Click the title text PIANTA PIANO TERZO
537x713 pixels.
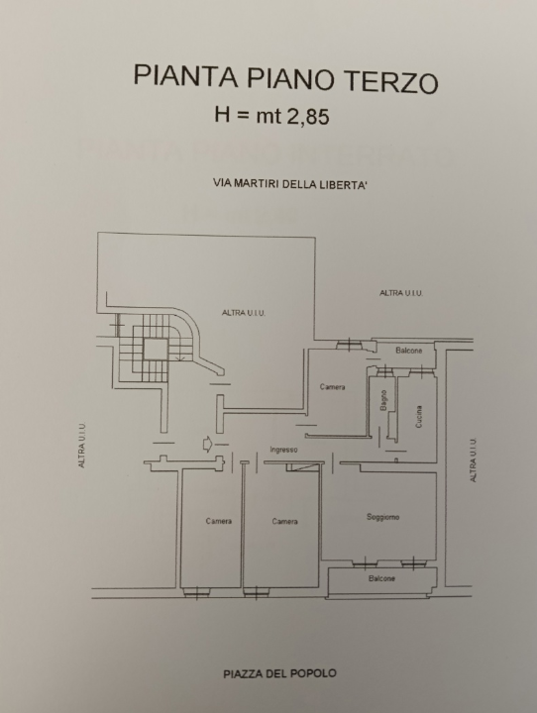coord(284,79)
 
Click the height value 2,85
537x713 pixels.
coord(306,115)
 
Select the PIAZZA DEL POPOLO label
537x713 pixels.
coord(280,672)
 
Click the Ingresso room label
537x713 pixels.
coord(283,450)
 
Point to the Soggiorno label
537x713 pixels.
coord(382,517)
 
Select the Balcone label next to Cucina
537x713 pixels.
coord(409,352)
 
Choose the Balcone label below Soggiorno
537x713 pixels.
coord(381,578)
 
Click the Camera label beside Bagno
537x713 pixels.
coord(332,386)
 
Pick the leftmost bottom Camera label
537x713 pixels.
coord(219,521)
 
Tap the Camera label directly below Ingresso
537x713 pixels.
coord(285,521)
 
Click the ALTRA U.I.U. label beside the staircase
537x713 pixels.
coord(244,313)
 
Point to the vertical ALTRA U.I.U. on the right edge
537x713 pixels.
coord(474,460)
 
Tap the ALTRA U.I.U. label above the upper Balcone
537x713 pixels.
coord(401,293)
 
